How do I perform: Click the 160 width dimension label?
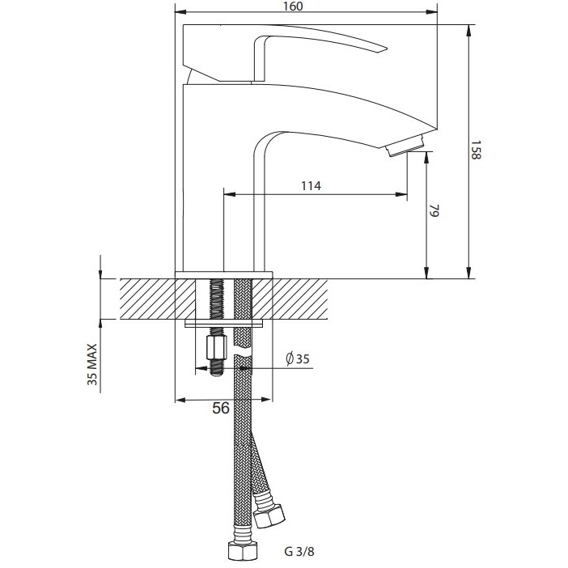pyautogui.click(x=293, y=6)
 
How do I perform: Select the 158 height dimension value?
pyautogui.click(x=476, y=150)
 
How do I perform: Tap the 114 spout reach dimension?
pyautogui.click(x=312, y=186)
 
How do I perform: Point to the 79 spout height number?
pyautogui.click(x=434, y=210)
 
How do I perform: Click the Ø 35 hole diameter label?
pyautogui.click(x=298, y=358)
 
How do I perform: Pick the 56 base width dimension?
pyautogui.click(x=221, y=408)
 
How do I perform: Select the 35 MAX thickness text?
pyautogui.click(x=92, y=364)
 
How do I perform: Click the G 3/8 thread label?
pyautogui.click(x=299, y=551)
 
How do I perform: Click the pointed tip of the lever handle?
pyautogui.click(x=387, y=49)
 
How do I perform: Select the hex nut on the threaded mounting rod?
pyautogui.click(x=217, y=347)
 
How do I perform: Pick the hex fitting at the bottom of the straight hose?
pyautogui.click(x=243, y=550)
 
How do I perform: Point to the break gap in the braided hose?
pyautogui.click(x=243, y=351)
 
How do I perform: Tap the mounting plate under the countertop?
pyautogui.click(x=223, y=324)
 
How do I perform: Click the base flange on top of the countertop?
pyautogui.click(x=223, y=275)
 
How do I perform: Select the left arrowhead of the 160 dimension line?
pyautogui.click(x=180, y=12)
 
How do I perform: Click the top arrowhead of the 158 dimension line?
pyautogui.click(x=469, y=30)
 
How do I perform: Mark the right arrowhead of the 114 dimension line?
pyautogui.click(x=401, y=194)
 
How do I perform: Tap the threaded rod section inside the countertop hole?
pyautogui.click(x=216, y=299)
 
